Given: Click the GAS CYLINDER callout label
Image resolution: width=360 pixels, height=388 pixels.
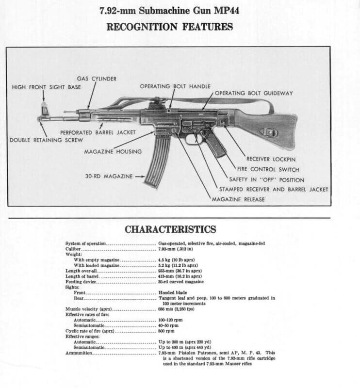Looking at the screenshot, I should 97,79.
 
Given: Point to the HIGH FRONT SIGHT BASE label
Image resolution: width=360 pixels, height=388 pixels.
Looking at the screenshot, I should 47,87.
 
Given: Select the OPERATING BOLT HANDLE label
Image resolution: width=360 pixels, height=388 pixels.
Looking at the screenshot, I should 175,86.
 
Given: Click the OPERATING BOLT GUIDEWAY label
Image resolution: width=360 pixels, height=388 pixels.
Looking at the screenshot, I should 254,93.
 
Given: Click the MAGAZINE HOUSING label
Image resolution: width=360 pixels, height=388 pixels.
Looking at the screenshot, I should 113,152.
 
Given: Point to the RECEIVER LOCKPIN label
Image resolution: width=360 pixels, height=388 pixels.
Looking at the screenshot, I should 271,159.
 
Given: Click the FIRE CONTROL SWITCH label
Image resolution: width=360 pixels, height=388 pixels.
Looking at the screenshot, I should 267,169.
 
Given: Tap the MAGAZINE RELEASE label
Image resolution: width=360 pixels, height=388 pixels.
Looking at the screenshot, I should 239,199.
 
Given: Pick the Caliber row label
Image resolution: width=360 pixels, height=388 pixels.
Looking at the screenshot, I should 74,248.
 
